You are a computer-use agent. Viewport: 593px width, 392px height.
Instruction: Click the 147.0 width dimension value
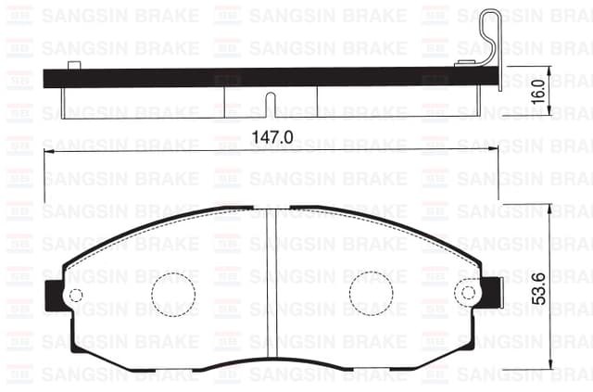(272, 137)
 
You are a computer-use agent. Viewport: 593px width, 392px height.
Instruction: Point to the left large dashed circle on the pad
(173, 294)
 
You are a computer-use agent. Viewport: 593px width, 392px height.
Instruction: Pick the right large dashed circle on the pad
(371, 294)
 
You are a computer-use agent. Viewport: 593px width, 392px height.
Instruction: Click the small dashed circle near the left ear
(76, 296)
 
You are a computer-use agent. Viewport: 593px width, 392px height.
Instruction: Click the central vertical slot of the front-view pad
(272, 287)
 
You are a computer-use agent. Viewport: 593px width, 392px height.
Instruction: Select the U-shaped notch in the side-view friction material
(271, 105)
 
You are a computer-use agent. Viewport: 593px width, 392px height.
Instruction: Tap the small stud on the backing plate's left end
(74, 64)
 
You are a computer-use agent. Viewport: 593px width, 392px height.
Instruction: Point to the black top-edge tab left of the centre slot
(237, 209)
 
